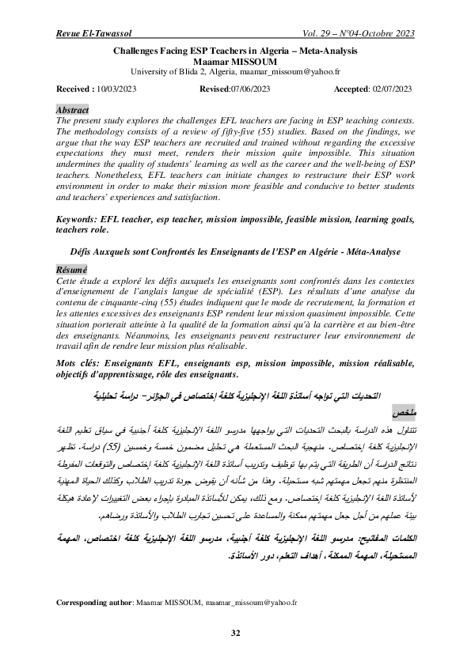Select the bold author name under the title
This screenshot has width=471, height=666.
(x=235, y=60)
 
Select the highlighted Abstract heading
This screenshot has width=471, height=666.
(x=73, y=109)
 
